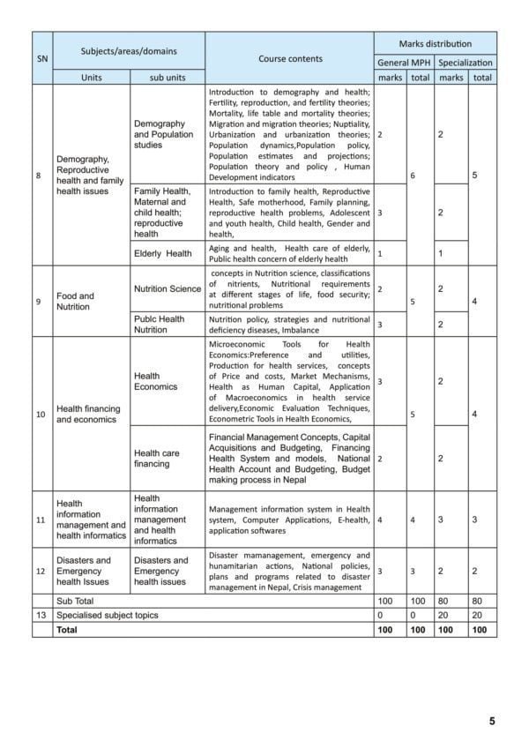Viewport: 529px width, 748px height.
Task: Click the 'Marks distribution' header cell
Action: pyautogui.click(x=435, y=43)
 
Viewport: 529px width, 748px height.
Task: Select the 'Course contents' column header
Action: pyautogui.click(x=290, y=59)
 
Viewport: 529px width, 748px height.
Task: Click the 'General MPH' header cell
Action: pyautogui.click(x=404, y=63)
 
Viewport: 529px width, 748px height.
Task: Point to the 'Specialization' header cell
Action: pyautogui.click(x=466, y=63)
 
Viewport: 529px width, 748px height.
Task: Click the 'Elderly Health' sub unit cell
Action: pyautogui.click(x=163, y=254)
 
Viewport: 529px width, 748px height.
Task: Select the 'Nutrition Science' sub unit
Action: pyautogui.click(x=168, y=288)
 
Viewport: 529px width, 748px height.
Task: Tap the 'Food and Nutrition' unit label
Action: pyautogui.click(x=75, y=302)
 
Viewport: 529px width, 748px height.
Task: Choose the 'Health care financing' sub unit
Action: pyautogui.click(x=157, y=459)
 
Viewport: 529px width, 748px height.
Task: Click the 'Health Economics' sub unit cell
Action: pyautogui.click(x=156, y=381)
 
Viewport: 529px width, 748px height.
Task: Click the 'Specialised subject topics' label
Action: pyautogui.click(x=108, y=615)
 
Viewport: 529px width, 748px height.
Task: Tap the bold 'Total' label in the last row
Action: pyautogui.click(x=67, y=630)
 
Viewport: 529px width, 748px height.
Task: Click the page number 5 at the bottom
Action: pyautogui.click(x=492, y=721)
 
